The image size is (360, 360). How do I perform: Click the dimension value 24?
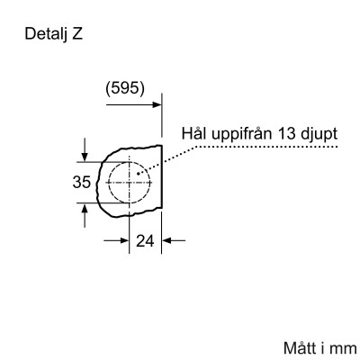(x=145, y=241)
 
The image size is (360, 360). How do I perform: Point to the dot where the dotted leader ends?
(x=138, y=173)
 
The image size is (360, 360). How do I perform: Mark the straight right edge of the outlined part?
(x=162, y=180)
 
